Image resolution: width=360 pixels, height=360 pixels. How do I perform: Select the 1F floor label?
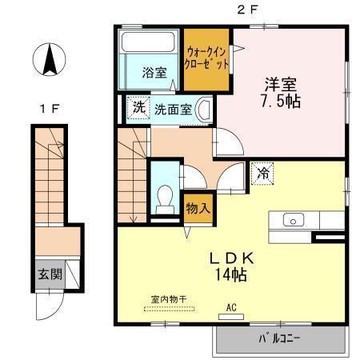tap(49, 109)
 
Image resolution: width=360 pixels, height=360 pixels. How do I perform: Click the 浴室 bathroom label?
tap(154, 72)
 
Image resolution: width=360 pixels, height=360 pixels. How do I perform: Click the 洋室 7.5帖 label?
tap(281, 92)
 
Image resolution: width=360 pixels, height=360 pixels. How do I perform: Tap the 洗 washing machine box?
tap(139, 107)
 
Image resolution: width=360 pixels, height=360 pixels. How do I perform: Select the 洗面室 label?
tap(173, 109)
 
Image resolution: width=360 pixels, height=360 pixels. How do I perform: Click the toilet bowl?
tap(166, 196)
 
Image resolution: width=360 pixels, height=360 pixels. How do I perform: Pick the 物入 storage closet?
tap(198, 208)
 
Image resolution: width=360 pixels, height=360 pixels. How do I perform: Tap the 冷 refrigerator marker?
tap(263, 173)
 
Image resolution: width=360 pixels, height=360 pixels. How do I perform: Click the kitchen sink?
tap(292, 220)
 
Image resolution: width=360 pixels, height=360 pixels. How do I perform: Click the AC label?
tap(232, 306)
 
